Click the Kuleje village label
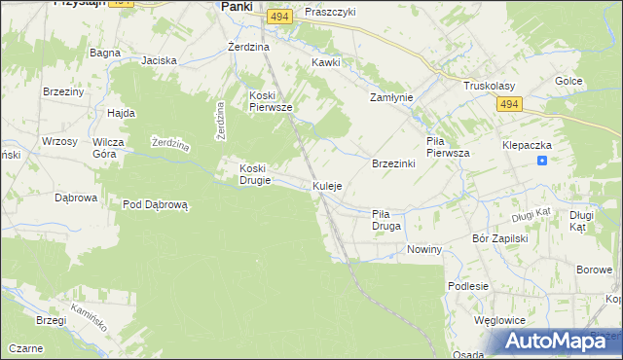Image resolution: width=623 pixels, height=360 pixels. tap(327, 186)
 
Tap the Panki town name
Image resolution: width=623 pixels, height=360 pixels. tap(238, 6)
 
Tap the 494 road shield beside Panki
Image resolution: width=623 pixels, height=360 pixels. tap(280, 18)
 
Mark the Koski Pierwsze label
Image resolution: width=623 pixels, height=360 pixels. tap(272, 101)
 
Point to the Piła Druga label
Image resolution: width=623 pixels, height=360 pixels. tap(386, 219)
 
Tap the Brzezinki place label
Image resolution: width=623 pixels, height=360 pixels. tap(394, 163)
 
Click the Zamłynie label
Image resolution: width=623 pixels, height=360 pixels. tap(392, 98)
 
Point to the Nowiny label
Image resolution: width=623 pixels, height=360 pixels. tap(425, 250)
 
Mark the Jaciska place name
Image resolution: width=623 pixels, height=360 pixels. tap(159, 60)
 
